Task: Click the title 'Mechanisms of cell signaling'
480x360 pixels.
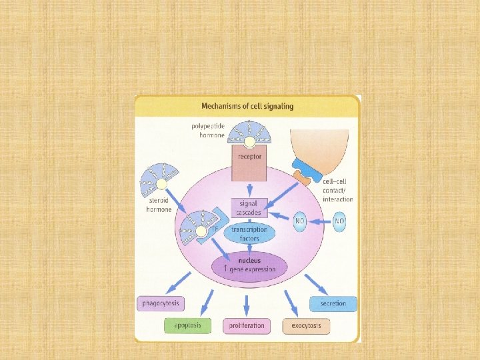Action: pyautogui.click(x=247, y=106)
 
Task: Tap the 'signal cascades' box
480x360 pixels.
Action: pyautogui.click(x=248, y=208)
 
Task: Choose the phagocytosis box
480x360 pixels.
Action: pyautogui.click(x=160, y=304)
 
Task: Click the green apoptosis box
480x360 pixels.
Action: pyautogui.click(x=187, y=326)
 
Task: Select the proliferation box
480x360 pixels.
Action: pyautogui.click(x=247, y=326)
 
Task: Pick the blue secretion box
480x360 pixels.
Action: pyautogui.click(x=333, y=304)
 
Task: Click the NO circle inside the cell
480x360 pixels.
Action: pyautogui.click(x=299, y=221)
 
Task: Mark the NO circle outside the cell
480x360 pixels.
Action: pyautogui.click(x=339, y=221)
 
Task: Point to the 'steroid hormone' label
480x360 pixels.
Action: pyautogui.click(x=159, y=205)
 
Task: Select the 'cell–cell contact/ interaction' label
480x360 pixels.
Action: pyautogui.click(x=337, y=190)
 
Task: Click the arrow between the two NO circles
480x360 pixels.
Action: pyautogui.click(x=319, y=221)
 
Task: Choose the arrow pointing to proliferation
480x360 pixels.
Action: pyautogui.click(x=247, y=305)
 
